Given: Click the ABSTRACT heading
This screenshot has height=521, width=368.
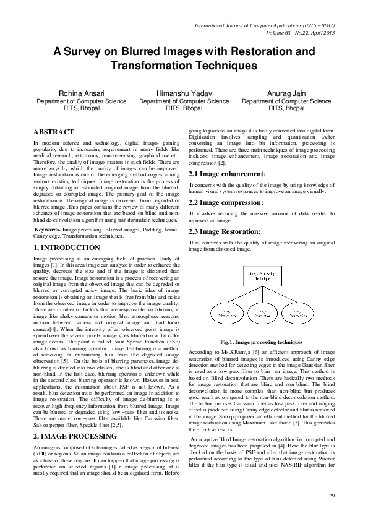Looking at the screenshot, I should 53,132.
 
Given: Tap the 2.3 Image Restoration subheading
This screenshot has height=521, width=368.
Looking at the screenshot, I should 225,231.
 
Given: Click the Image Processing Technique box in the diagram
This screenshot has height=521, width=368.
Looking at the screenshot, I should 260,274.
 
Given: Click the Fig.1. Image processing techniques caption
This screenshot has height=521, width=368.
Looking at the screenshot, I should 261,342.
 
